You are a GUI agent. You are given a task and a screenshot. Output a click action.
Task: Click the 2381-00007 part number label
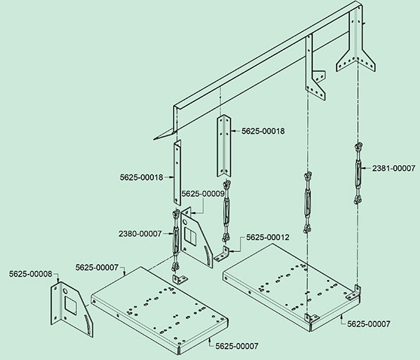[393, 168]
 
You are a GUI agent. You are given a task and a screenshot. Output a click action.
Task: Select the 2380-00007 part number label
[140, 234]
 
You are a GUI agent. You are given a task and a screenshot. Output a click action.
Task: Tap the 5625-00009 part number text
[203, 193]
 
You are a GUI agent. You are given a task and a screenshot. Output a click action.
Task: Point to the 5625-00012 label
[268, 237]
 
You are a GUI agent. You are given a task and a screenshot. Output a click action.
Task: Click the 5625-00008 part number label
[30, 274]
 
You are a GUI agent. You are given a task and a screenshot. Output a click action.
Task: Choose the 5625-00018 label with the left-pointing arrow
[263, 131]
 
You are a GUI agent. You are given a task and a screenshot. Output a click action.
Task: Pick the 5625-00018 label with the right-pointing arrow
[141, 177]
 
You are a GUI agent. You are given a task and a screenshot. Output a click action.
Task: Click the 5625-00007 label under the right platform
[369, 324]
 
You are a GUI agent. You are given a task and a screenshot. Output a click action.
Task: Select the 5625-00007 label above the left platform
[97, 268]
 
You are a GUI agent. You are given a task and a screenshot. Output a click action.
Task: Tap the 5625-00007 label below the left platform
[237, 346]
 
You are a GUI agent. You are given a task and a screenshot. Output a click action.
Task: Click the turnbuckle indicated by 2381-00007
[358, 174]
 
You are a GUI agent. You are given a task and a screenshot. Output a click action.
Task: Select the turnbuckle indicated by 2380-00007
[176, 241]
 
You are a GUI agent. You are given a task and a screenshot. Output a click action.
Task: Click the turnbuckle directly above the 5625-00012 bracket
[227, 212]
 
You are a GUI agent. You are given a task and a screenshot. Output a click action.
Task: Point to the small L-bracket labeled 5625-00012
[222, 255]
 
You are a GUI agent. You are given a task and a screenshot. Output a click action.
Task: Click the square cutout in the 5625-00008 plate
[71, 305]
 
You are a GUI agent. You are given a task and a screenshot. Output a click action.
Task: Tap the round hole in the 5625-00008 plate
[66, 291]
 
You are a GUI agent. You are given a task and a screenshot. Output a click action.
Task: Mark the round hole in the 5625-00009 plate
[185, 222]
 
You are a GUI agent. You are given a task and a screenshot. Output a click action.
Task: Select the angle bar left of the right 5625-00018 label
[224, 145]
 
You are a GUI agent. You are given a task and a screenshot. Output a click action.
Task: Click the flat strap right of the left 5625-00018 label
[177, 173]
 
